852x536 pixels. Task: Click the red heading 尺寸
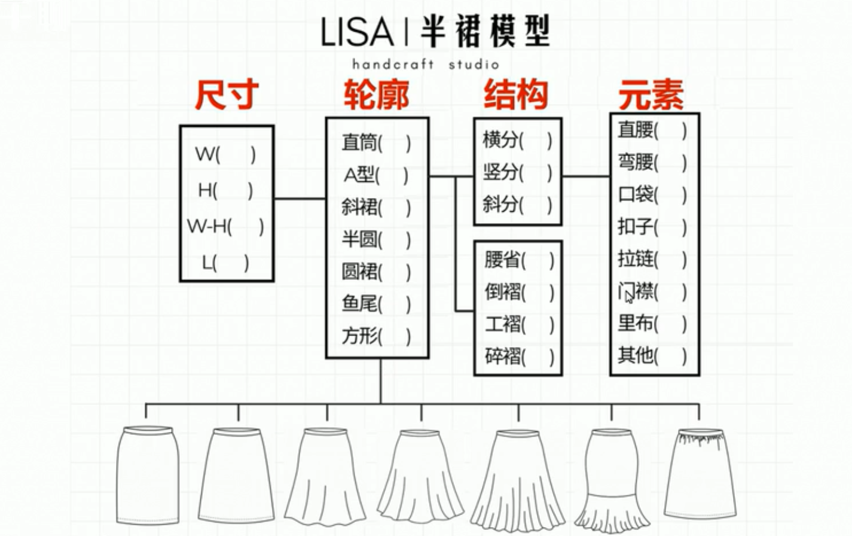(x=227, y=95)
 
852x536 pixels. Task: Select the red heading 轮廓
(x=376, y=95)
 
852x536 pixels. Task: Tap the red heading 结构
(x=516, y=95)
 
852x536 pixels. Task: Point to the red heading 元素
(x=651, y=95)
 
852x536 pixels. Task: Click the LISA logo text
(x=357, y=32)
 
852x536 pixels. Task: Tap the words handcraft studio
(x=425, y=64)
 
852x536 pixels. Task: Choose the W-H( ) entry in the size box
(x=225, y=226)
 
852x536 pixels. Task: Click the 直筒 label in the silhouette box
(x=359, y=142)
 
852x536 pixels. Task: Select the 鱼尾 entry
(x=359, y=303)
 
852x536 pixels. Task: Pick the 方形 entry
(x=359, y=336)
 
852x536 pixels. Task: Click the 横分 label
(x=500, y=140)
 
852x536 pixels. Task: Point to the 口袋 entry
(x=636, y=194)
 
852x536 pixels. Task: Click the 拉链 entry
(x=636, y=259)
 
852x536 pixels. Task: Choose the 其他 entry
(x=636, y=355)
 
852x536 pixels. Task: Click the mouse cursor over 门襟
(x=628, y=297)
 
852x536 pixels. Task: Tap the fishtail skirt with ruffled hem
(x=612, y=479)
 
